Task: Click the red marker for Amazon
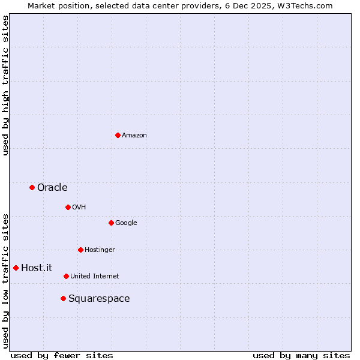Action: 118,135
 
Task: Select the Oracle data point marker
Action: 32,188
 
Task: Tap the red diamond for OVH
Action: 68,207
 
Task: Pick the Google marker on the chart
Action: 111,223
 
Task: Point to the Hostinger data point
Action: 80,250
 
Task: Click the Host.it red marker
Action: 16,268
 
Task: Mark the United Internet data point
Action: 66,276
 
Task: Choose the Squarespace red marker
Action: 63,298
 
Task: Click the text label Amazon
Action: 134,136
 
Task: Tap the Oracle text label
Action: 52,188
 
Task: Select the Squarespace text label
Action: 99,299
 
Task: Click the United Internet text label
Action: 95,277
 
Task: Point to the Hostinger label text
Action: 100,250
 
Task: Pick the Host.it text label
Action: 37,268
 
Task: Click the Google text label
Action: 126,223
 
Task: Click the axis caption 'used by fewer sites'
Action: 62,355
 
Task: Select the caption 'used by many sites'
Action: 301,355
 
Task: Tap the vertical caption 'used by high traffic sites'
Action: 5,85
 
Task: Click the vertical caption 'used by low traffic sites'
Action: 5,280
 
